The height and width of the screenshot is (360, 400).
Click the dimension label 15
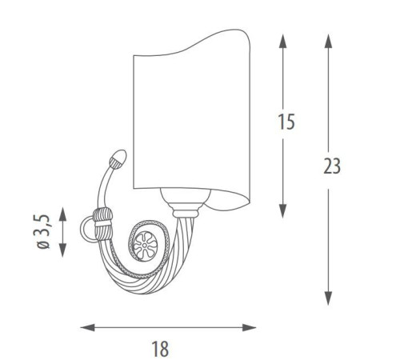click(286, 122)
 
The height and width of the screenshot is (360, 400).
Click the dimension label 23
click(332, 166)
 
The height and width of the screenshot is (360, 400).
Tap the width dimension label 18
click(160, 349)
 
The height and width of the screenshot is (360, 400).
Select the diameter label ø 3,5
click(43, 231)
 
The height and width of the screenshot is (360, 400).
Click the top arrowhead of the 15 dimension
click(282, 41)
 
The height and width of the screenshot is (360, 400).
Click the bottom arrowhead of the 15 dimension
click(282, 211)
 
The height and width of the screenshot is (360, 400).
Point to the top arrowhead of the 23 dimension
click(328, 41)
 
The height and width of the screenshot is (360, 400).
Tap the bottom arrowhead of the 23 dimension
click(328, 298)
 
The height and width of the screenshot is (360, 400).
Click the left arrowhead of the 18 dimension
click(87, 327)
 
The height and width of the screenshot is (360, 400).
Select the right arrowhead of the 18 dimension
click(249, 327)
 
